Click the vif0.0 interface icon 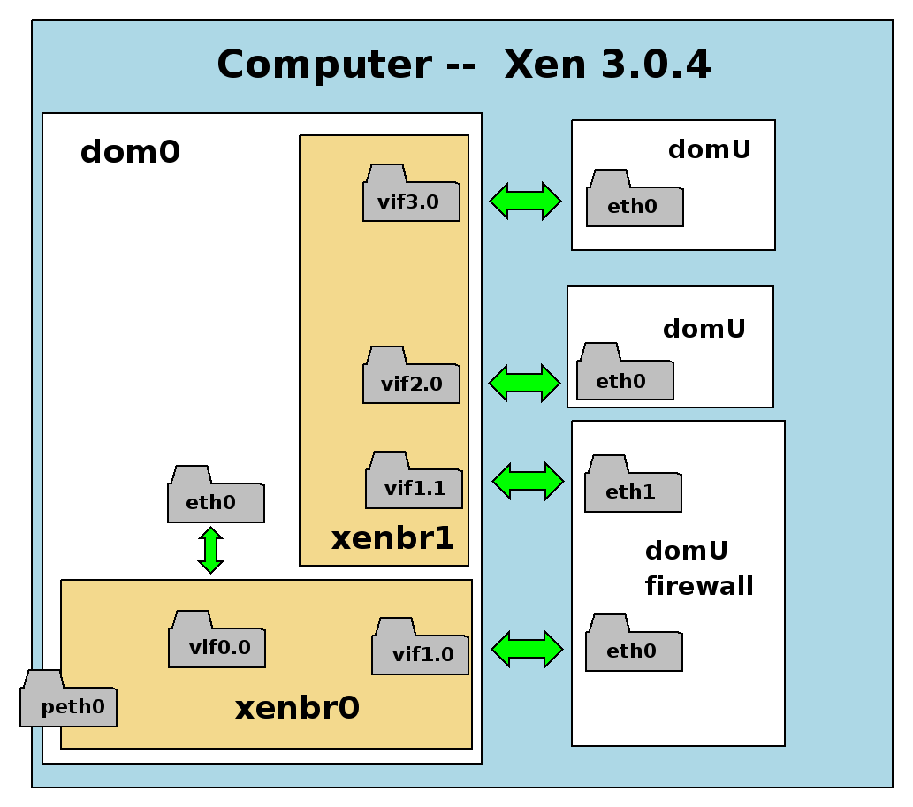click(217, 642)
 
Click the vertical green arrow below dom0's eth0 click(210, 550)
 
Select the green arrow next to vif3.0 click(525, 201)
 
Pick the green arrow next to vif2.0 click(524, 383)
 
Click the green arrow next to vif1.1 click(528, 481)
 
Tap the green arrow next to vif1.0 click(527, 649)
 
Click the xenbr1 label click(392, 538)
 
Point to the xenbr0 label click(297, 708)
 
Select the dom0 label click(130, 153)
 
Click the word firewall click(699, 585)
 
